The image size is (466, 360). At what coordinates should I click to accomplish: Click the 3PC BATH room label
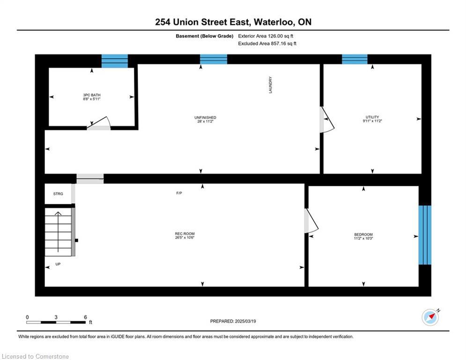(x=91, y=95)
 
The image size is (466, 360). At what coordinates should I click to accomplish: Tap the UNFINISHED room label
(x=205, y=118)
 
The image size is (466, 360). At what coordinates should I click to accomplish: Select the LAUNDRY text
(x=270, y=85)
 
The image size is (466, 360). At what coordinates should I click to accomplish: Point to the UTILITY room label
(x=372, y=117)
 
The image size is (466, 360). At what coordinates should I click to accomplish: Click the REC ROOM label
(x=185, y=233)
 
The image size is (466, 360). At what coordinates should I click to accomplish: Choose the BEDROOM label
(x=363, y=234)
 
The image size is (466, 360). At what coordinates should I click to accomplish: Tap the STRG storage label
(x=58, y=194)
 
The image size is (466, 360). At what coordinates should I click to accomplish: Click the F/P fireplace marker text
(x=179, y=193)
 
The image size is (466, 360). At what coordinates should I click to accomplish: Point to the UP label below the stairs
(x=58, y=264)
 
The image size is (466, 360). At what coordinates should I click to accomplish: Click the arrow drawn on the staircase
(x=58, y=232)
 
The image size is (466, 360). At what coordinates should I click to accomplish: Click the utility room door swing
(x=327, y=120)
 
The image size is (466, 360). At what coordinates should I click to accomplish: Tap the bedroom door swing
(x=311, y=220)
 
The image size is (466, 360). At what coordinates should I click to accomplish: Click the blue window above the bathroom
(x=115, y=61)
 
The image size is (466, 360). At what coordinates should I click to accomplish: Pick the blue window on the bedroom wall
(x=425, y=235)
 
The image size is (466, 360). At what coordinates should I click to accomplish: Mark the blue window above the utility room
(x=355, y=59)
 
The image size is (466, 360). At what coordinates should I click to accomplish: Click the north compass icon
(x=430, y=317)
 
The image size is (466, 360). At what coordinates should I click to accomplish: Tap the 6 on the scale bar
(x=85, y=317)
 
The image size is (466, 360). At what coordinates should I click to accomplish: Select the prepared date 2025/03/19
(x=245, y=321)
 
